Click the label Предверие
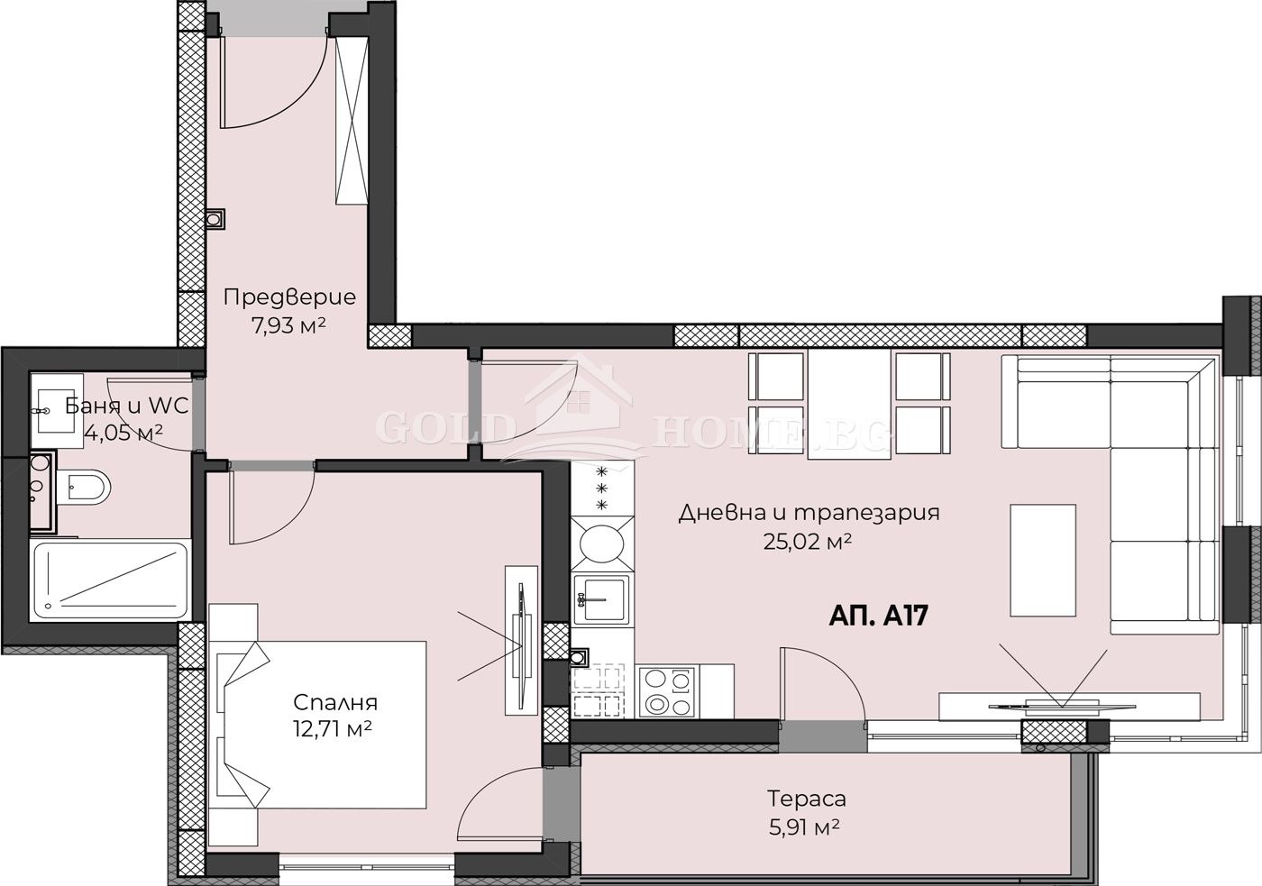pos(289,297)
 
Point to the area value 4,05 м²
pos(123,433)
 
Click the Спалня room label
pos(335,702)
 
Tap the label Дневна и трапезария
pos(809,513)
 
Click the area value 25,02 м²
pos(808,542)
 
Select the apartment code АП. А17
pos(878,616)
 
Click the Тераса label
pos(807,798)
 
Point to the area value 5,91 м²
pos(805,826)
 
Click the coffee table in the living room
pos(1043,560)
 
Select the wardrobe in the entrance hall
pos(352,122)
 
